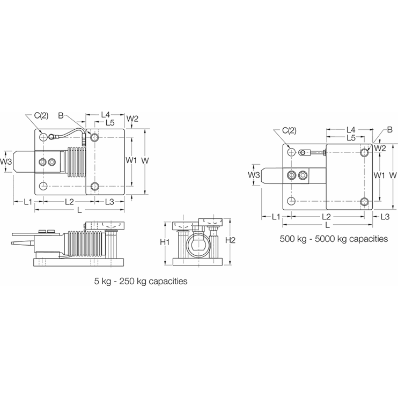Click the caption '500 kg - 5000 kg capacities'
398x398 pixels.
(x=333, y=239)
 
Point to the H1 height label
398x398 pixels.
(x=166, y=242)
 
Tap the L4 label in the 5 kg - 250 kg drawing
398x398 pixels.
(x=105, y=115)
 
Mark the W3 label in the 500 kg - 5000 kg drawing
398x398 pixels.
(x=254, y=175)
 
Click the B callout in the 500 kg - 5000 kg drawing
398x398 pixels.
(x=390, y=130)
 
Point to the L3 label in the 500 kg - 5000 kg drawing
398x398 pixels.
(x=385, y=216)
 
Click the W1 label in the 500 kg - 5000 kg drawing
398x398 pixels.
(x=379, y=175)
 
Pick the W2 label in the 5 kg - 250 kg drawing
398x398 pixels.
(x=132, y=118)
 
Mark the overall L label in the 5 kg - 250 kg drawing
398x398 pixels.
(x=79, y=209)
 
